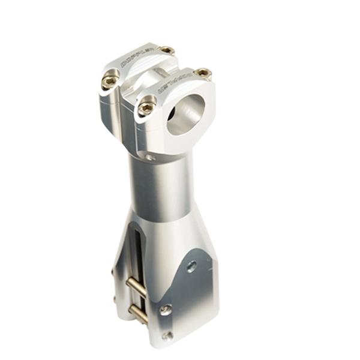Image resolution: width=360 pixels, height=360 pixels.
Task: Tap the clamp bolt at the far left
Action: (x=110, y=80)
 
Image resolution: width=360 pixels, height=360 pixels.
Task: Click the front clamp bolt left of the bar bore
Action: (x=146, y=108)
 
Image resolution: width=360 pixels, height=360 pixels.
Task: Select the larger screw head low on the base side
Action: (x=165, y=310)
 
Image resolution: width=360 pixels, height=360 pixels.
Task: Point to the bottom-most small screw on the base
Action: (x=167, y=336)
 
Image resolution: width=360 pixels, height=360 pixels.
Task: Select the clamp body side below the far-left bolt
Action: (x=108, y=111)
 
